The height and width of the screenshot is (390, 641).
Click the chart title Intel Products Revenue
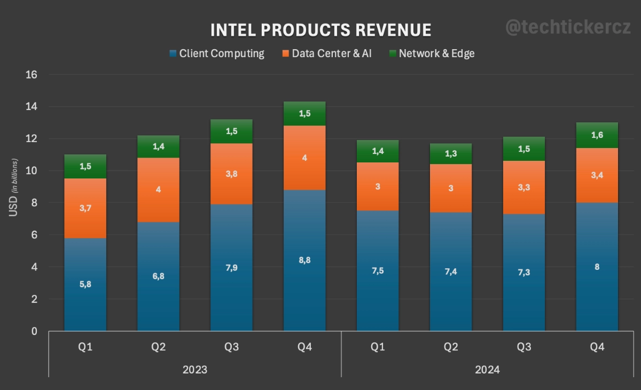(x=320, y=30)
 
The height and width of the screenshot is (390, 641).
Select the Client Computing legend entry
(x=217, y=53)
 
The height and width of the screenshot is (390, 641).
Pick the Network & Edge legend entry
(x=431, y=53)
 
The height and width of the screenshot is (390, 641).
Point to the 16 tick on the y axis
(x=31, y=75)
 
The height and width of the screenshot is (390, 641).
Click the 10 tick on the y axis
(x=31, y=171)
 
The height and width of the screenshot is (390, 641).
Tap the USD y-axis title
(x=13, y=188)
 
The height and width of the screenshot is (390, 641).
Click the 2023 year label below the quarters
(x=194, y=369)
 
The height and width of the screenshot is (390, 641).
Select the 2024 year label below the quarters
(x=487, y=369)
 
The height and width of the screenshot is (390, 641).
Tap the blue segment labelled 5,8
(x=85, y=299)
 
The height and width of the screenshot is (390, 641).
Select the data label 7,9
(x=231, y=268)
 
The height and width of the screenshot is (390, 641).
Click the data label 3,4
(x=597, y=175)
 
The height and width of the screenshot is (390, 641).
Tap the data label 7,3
(x=524, y=272)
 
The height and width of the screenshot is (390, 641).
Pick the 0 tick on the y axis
(x=34, y=331)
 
